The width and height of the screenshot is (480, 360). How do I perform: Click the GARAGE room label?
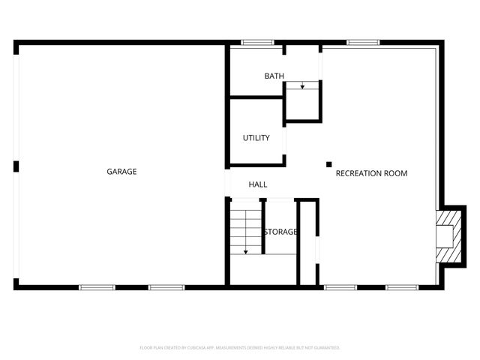pos(121,172)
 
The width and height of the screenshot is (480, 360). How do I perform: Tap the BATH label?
pos(274,76)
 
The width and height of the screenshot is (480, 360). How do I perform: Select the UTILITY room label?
pos(256,138)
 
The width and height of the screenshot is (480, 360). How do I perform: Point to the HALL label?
pos(258,184)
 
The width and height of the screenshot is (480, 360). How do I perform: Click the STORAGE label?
pos(280,232)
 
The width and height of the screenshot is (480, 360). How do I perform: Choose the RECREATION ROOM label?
pos(371,173)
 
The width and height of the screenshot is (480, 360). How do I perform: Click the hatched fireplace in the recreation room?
pos(448,236)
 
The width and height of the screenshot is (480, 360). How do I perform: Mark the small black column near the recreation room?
pos(328,164)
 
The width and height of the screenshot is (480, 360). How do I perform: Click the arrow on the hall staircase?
pos(245,250)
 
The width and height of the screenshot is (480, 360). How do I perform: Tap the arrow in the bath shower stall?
pos(302,87)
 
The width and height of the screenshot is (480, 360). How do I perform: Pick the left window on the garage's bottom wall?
pos(97,287)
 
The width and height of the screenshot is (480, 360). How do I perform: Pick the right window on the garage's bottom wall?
pos(166,287)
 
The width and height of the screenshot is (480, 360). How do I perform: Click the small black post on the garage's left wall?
pos(16,166)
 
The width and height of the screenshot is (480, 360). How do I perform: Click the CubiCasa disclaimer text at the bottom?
pos(240,348)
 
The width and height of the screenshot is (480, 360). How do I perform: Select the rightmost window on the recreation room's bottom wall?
pos(402,287)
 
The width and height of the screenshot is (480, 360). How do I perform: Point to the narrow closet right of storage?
pos(307,241)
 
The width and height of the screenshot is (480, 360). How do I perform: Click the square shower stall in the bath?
pos(302,102)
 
